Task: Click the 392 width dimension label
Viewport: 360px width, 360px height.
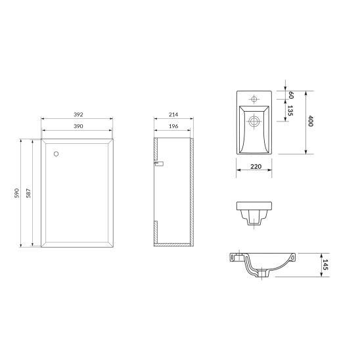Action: click(78, 114)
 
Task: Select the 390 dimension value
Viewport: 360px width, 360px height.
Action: click(78, 126)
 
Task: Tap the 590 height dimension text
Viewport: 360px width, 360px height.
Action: click(17, 193)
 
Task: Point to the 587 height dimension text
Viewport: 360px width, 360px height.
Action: click(28, 193)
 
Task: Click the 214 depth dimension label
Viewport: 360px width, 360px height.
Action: click(173, 114)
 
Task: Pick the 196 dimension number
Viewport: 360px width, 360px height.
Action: click(173, 126)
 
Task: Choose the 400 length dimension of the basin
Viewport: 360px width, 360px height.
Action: click(311, 121)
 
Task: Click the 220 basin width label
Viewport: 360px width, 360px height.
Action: click(256, 166)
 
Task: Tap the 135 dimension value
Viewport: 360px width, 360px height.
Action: click(290, 110)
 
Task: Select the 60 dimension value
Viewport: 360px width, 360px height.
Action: click(291, 95)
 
